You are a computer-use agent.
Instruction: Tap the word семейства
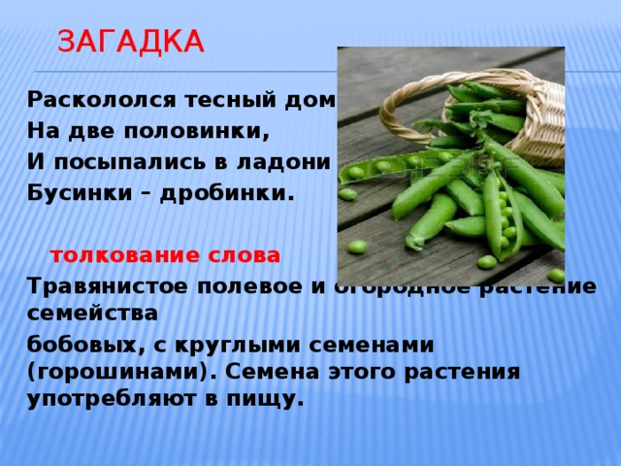(x=92, y=314)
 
